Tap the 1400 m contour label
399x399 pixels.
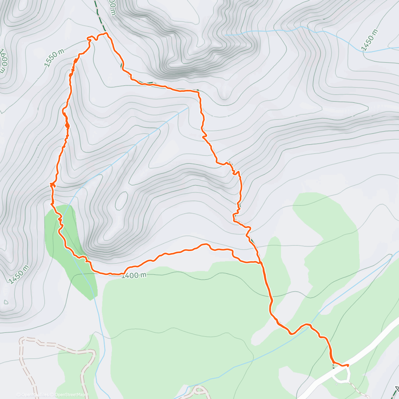click(x=134, y=275)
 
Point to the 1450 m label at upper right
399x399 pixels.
click(x=370, y=41)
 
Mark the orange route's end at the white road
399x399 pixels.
click(x=347, y=365)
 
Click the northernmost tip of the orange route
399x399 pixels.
click(x=106, y=33)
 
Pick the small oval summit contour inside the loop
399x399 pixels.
click(x=122, y=200)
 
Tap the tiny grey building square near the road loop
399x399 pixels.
click(x=333, y=366)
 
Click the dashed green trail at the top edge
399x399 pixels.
click(x=97, y=10)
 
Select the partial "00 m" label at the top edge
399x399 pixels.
click(x=112, y=7)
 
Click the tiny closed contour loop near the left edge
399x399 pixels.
click(x=6, y=302)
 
